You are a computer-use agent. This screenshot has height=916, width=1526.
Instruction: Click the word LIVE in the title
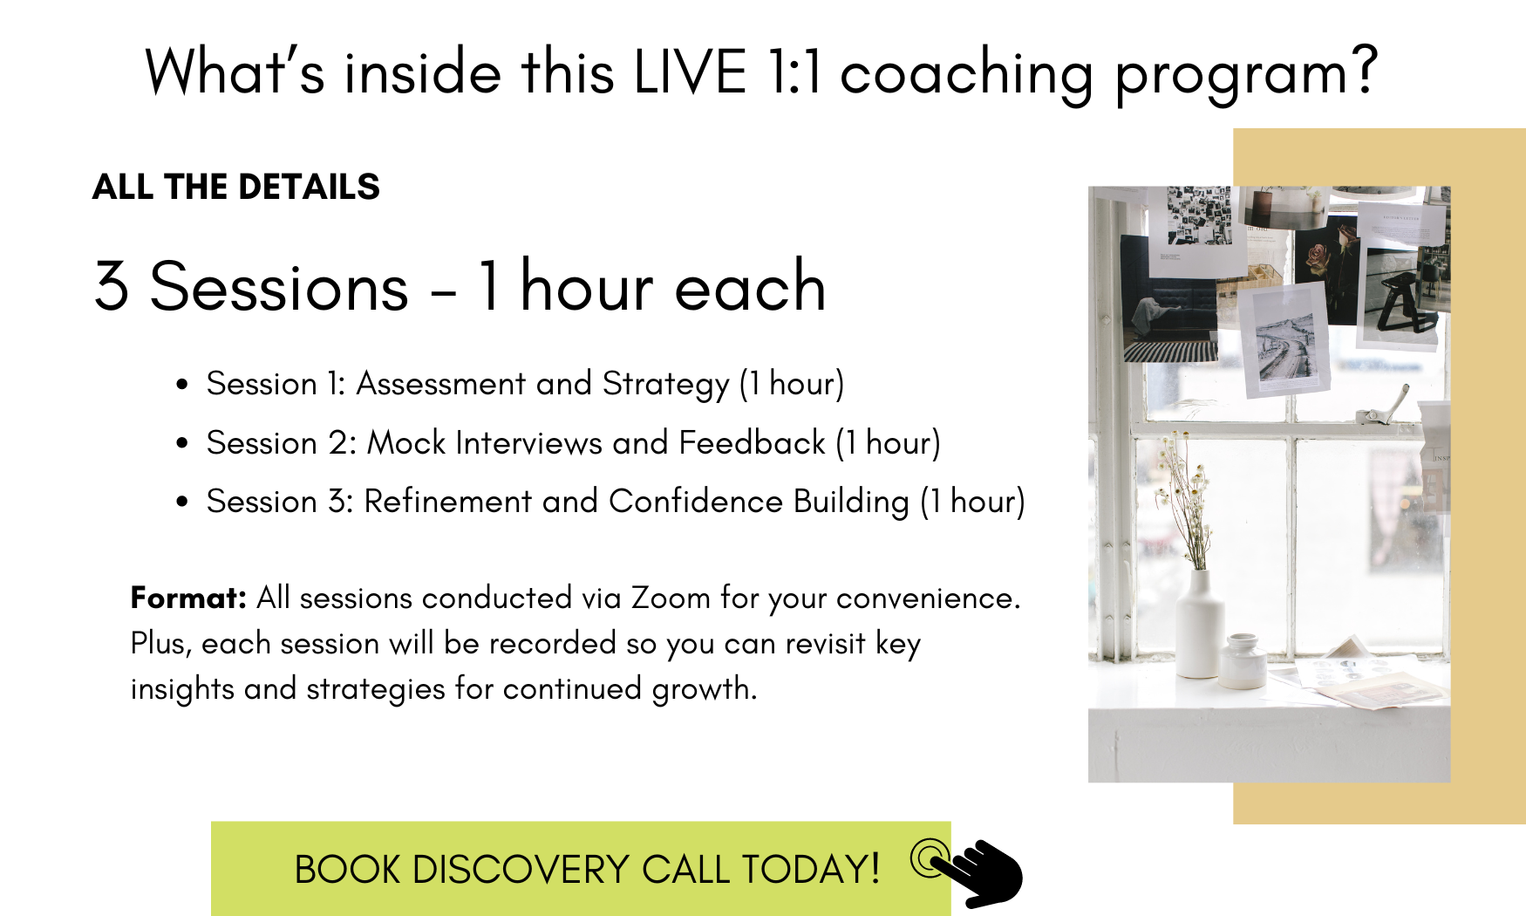(x=690, y=72)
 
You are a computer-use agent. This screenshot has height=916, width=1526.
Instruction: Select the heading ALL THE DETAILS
(x=236, y=187)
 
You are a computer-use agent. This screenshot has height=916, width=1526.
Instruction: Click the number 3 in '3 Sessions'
(x=112, y=286)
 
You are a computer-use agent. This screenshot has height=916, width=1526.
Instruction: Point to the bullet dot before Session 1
(x=182, y=385)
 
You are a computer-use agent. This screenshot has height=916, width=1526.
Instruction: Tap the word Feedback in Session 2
(x=752, y=442)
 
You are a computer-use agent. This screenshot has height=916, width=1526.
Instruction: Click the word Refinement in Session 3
(x=447, y=502)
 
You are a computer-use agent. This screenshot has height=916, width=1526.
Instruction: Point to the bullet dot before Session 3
(x=182, y=502)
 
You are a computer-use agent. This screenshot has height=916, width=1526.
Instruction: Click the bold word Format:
(x=188, y=598)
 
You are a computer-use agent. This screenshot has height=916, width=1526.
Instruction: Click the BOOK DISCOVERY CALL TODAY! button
(x=581, y=868)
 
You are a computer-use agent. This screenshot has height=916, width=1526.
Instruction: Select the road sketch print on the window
(x=1285, y=340)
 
